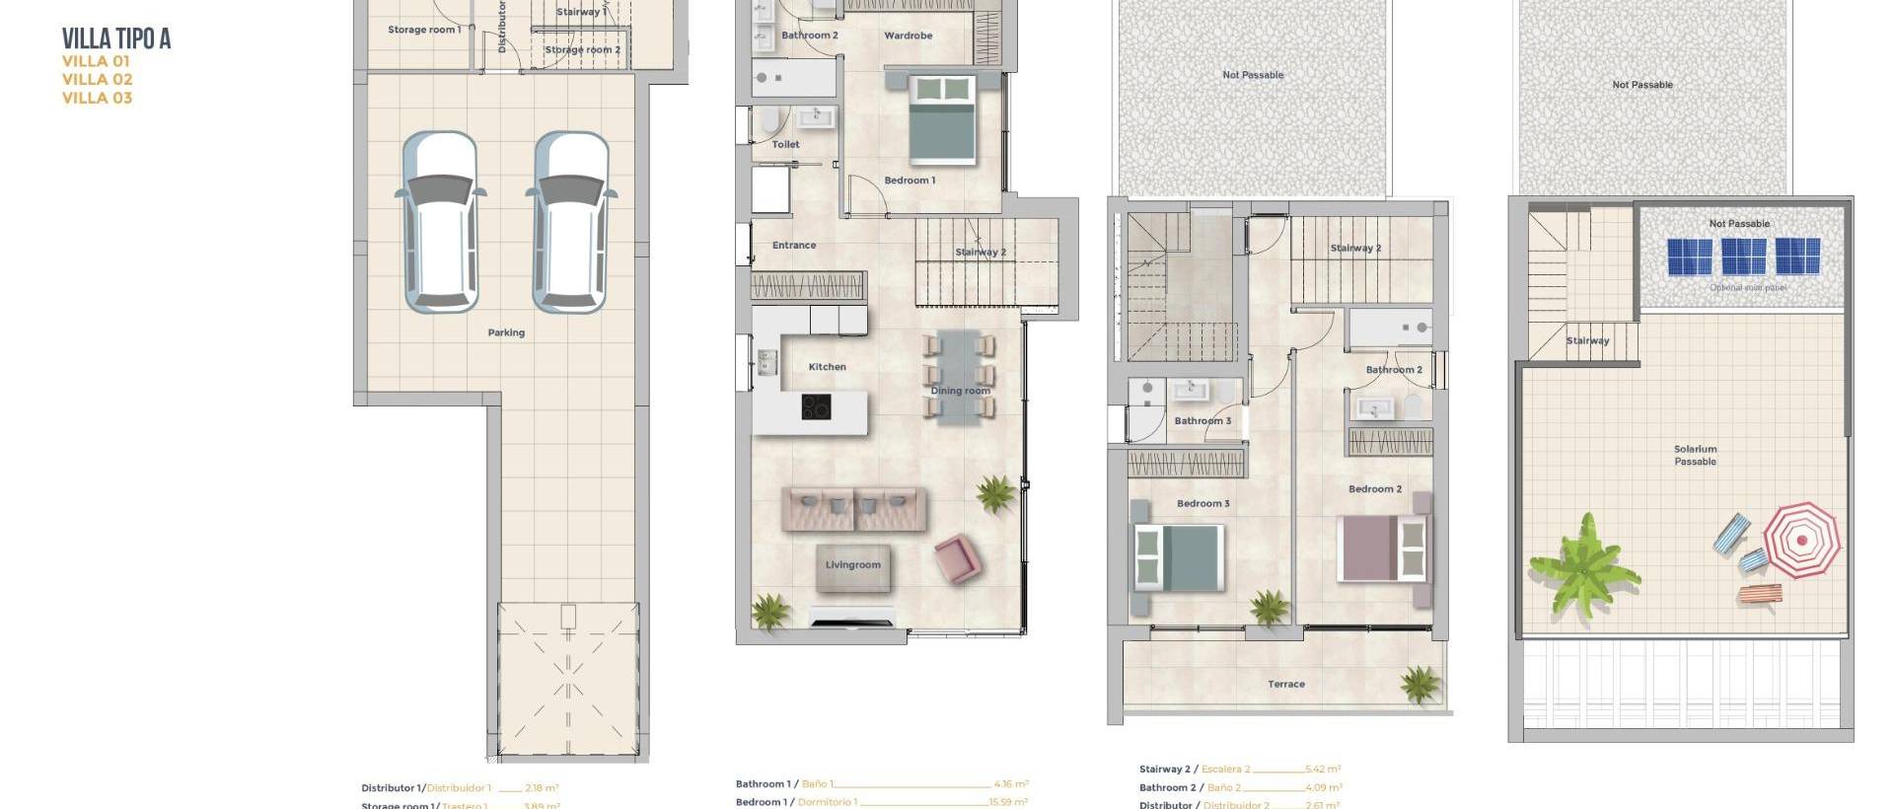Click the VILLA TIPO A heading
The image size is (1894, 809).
click(116, 38)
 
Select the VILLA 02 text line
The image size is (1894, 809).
click(97, 79)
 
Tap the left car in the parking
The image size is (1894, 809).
click(440, 223)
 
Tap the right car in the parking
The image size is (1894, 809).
click(571, 223)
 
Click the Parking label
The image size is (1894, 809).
click(506, 332)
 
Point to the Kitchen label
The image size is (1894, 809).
click(827, 367)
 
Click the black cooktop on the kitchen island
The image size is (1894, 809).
click(816, 405)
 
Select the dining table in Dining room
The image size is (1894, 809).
click(960, 375)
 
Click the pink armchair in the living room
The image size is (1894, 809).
click(957, 557)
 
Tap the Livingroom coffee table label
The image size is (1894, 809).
click(853, 565)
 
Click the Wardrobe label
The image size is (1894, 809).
click(909, 36)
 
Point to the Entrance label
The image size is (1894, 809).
click(794, 246)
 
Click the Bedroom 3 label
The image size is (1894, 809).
click(1202, 504)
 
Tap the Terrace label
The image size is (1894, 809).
click(1286, 684)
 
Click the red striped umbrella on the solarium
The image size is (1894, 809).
click(1802, 539)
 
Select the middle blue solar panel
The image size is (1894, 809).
click(1743, 257)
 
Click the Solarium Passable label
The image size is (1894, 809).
click(1695, 455)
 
